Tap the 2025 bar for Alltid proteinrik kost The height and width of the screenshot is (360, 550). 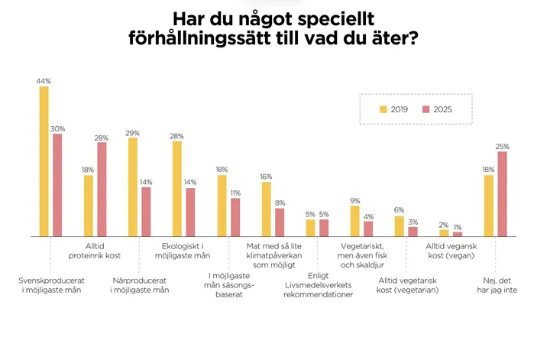(102, 190)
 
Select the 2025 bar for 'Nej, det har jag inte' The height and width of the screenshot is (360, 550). (502, 194)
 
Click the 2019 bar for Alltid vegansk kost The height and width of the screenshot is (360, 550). (444, 233)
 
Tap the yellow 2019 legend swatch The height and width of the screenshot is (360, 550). (384, 110)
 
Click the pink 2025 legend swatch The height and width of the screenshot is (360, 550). (426, 110)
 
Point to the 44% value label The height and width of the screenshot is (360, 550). (43, 80)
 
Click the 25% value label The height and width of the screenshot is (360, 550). (502, 146)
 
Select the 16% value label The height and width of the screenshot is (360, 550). (266, 176)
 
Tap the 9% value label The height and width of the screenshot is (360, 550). (354, 200)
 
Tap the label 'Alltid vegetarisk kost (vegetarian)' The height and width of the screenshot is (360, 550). (411, 286)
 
